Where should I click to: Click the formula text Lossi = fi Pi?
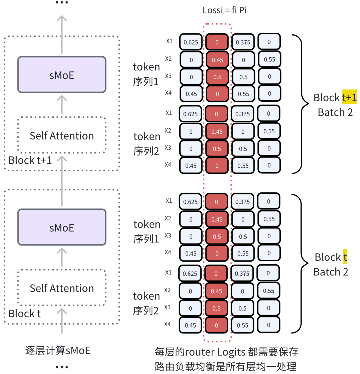[224, 10]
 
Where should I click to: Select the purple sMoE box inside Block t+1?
[62, 75]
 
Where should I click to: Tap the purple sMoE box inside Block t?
[62, 227]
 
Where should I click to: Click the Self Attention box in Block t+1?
[62, 136]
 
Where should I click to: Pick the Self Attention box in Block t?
[62, 288]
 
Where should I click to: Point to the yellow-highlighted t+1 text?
[349, 98]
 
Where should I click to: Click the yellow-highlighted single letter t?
[345, 257]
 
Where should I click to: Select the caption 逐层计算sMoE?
[58, 351]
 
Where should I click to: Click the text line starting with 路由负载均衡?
[225, 367]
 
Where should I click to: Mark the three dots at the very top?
[62, 3]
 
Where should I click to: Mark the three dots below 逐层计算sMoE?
[62, 367]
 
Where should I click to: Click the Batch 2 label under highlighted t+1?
[335, 112]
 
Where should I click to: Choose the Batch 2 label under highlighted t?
[331, 272]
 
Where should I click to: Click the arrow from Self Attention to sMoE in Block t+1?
[62, 104]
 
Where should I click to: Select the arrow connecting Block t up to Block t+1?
[62, 180]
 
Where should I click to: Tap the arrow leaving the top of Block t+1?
[62, 33]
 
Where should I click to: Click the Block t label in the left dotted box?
[24, 313]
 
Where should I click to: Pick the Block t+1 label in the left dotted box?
[30, 160]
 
